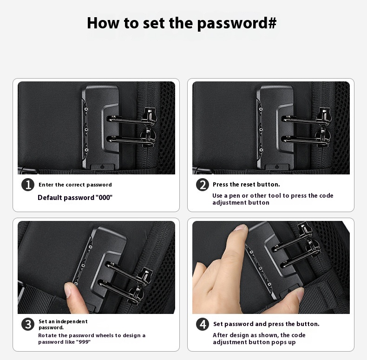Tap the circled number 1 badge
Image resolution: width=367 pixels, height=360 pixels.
[x=28, y=185]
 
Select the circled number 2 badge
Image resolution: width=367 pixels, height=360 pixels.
[x=203, y=185]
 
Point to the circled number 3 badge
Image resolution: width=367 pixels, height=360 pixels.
[x=28, y=324]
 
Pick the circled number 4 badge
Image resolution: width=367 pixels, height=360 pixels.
[x=203, y=324]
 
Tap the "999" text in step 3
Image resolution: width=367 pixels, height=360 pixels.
[x=83, y=342]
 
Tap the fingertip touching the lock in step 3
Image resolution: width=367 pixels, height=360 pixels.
[x=70, y=289]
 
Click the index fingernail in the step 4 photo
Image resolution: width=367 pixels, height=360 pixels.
[x=240, y=227]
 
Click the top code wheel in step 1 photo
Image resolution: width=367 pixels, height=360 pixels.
[x=86, y=109]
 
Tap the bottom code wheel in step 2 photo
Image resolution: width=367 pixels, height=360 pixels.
[x=261, y=150]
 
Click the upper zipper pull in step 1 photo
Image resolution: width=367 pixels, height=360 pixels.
[x=149, y=116]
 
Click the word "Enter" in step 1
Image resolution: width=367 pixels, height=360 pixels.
[x=46, y=185]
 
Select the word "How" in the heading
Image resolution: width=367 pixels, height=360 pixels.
[x=103, y=23]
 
